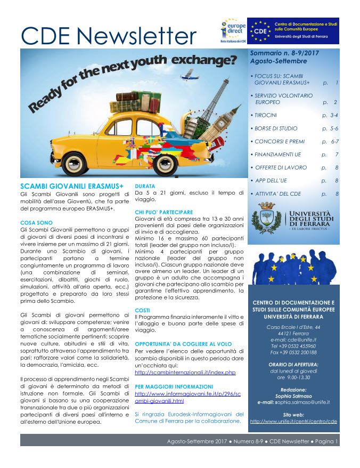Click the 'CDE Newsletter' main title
pos(109,36)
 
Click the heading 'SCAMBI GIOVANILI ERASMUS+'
pos(72,185)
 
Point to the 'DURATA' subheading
pos(145,185)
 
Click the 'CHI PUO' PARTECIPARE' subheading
pos(163,212)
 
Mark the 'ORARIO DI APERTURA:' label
pos(294,364)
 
